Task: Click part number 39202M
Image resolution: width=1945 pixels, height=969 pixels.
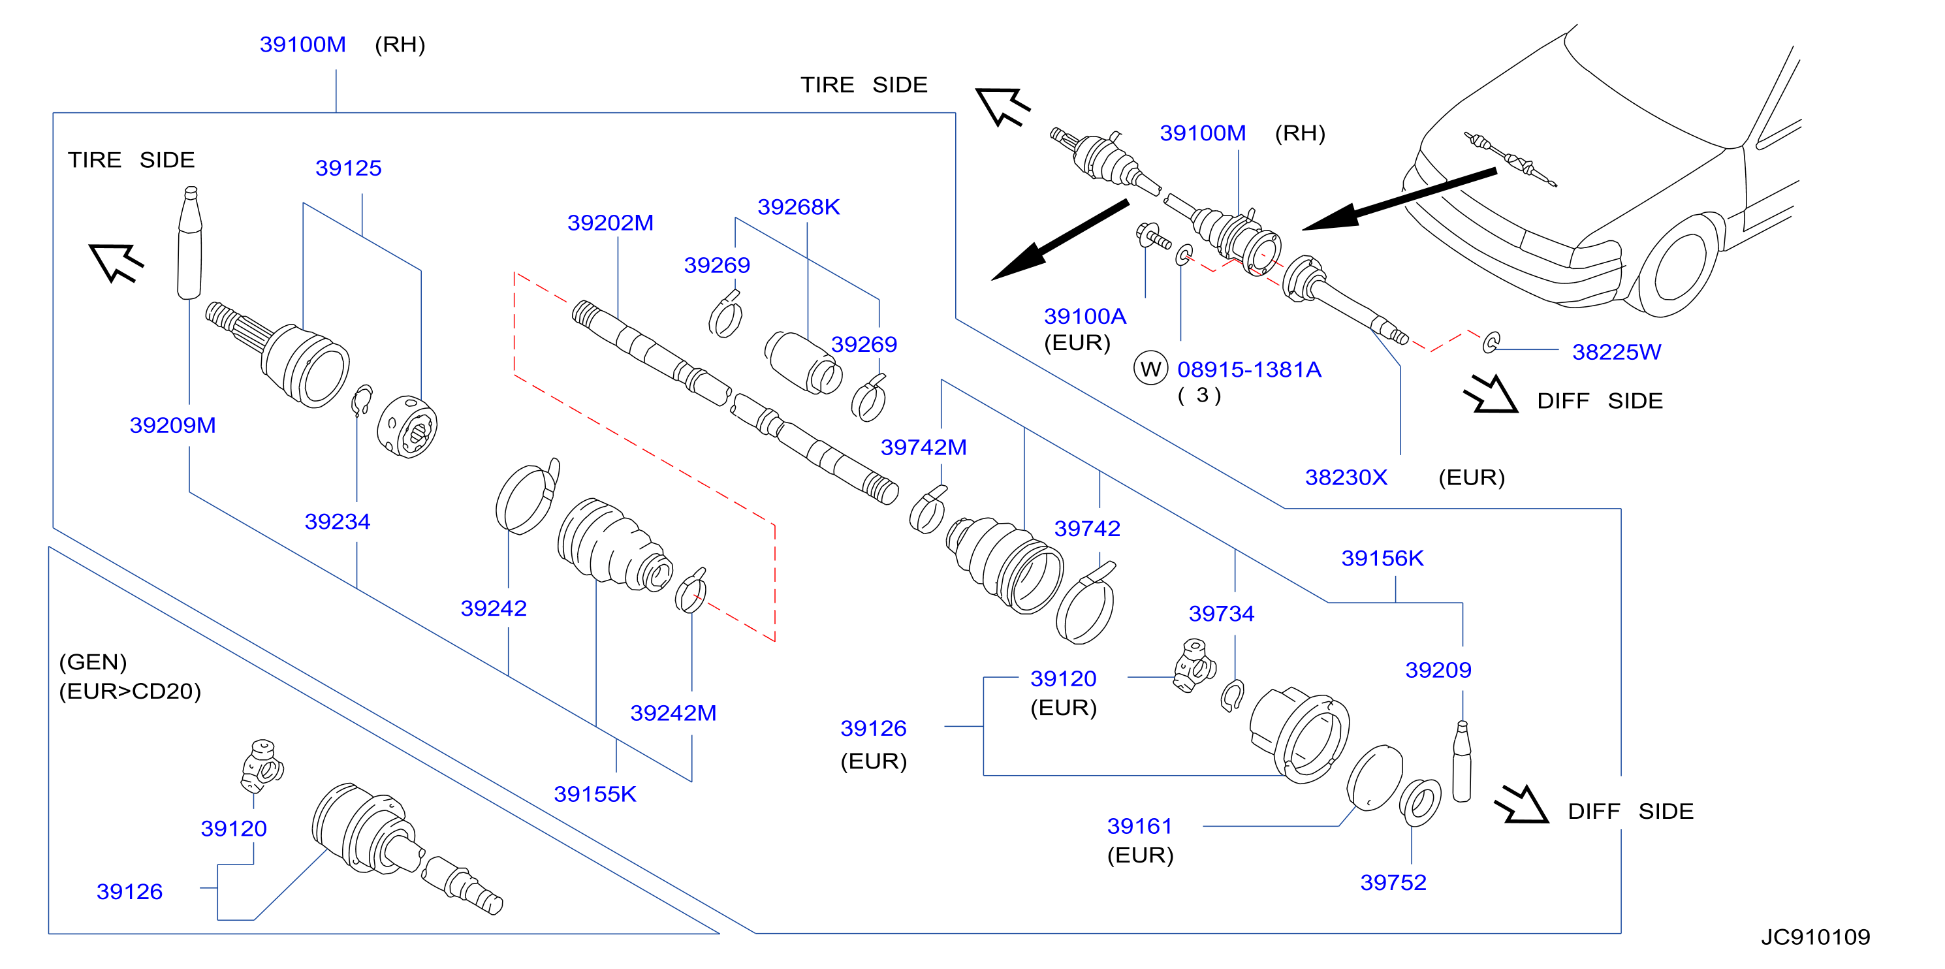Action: (x=610, y=223)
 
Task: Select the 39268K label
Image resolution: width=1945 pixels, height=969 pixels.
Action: (x=798, y=207)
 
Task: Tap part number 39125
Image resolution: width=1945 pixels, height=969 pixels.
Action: (x=348, y=168)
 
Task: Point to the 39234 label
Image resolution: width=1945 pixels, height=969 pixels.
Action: (x=337, y=521)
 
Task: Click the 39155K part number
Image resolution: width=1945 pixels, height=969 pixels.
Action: (x=595, y=794)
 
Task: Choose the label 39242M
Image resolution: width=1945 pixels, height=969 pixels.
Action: (x=672, y=712)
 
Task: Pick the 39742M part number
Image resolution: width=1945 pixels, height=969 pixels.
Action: (x=923, y=447)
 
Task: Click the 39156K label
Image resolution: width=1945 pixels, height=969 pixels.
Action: (x=1382, y=558)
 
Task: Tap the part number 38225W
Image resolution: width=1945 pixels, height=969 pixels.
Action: (x=1616, y=351)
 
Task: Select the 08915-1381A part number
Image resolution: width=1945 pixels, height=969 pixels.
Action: (x=1249, y=370)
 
